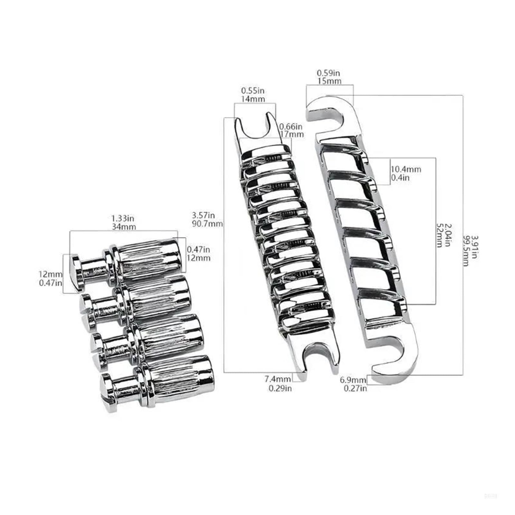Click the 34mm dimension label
coord(124,227)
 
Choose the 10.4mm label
coord(406,169)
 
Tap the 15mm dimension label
coord(329,81)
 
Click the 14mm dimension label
coord(253,99)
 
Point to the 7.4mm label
coord(277,379)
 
